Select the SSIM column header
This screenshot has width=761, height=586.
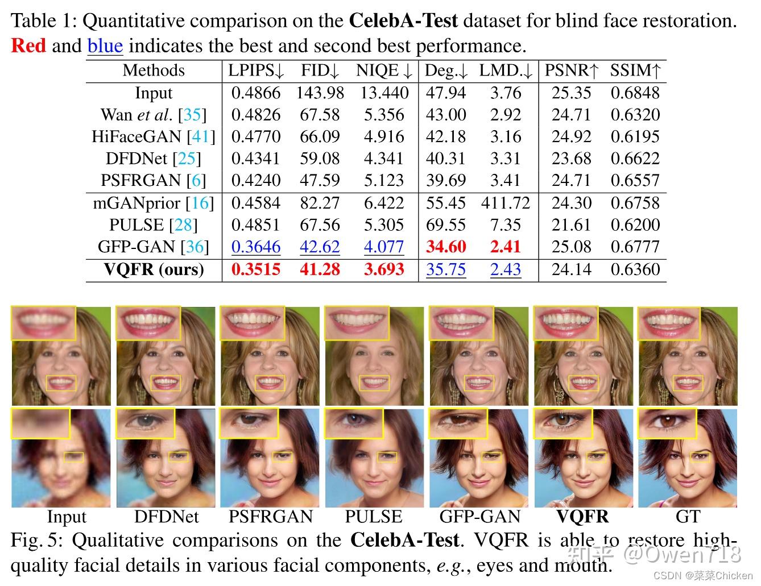(635, 70)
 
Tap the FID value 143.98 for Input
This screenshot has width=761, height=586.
(320, 93)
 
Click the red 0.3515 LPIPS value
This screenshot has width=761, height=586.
(255, 269)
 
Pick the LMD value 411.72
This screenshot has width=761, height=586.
(505, 203)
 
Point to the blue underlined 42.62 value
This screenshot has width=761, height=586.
(320, 247)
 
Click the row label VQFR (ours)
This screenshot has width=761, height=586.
(154, 269)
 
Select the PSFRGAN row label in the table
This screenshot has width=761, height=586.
(154, 180)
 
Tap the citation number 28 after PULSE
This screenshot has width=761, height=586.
(183, 225)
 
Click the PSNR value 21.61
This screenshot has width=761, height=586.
(571, 225)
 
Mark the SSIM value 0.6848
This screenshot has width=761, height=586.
(635, 93)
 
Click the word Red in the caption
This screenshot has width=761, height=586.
(28, 45)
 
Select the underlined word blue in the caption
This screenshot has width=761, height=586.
(105, 45)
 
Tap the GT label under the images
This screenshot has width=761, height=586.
(687, 517)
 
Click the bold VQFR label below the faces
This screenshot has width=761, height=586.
(582, 517)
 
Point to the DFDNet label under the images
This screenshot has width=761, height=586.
(166, 517)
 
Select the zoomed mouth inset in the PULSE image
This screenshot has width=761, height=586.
(354, 323)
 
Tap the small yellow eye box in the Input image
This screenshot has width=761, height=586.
(73, 457)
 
